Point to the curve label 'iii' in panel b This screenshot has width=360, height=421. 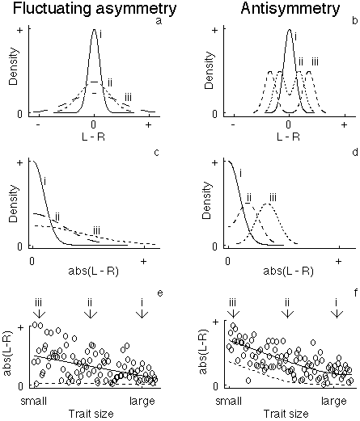(315, 61)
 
